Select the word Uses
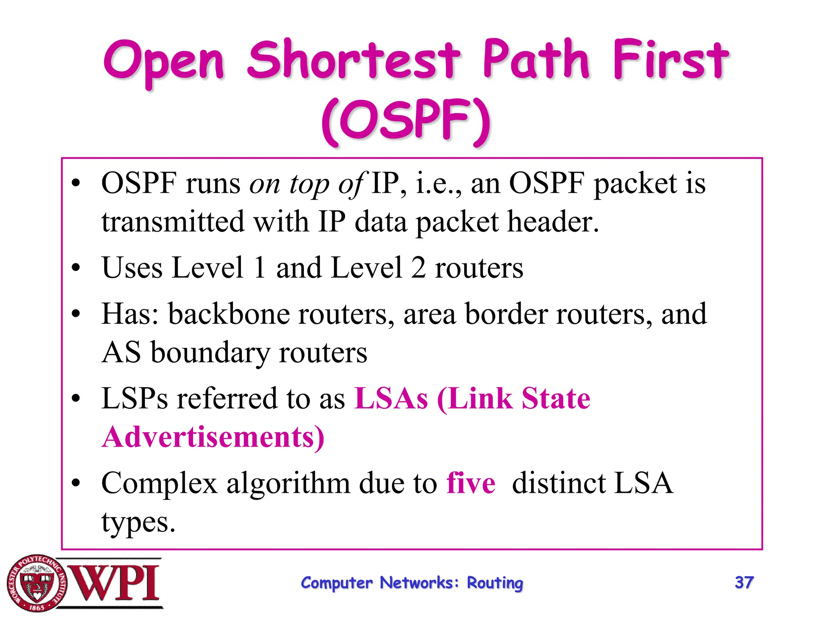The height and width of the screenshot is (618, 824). point(132,268)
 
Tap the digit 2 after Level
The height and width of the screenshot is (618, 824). point(418,268)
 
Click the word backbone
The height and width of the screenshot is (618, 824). point(229,314)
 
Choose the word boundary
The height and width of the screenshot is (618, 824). point(210,352)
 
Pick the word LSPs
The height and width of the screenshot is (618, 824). point(134,398)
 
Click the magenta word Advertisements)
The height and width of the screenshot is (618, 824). point(213,437)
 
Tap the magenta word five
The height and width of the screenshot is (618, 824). point(471,483)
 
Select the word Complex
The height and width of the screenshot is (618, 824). point(159,483)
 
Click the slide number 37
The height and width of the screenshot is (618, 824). point(744,583)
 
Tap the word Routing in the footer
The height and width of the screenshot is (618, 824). point(495,583)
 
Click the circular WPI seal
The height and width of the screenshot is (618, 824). point(37,583)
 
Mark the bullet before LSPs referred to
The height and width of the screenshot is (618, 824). point(76,398)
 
